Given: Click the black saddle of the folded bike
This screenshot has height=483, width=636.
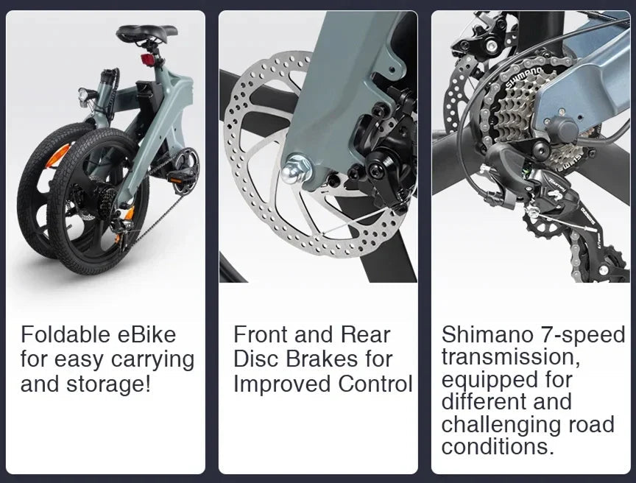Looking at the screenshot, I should [x=148, y=32].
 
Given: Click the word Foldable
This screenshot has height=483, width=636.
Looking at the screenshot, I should [x=66, y=336].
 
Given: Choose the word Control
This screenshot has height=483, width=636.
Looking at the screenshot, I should [x=375, y=384].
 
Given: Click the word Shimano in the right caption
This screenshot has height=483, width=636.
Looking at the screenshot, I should [x=487, y=335].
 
